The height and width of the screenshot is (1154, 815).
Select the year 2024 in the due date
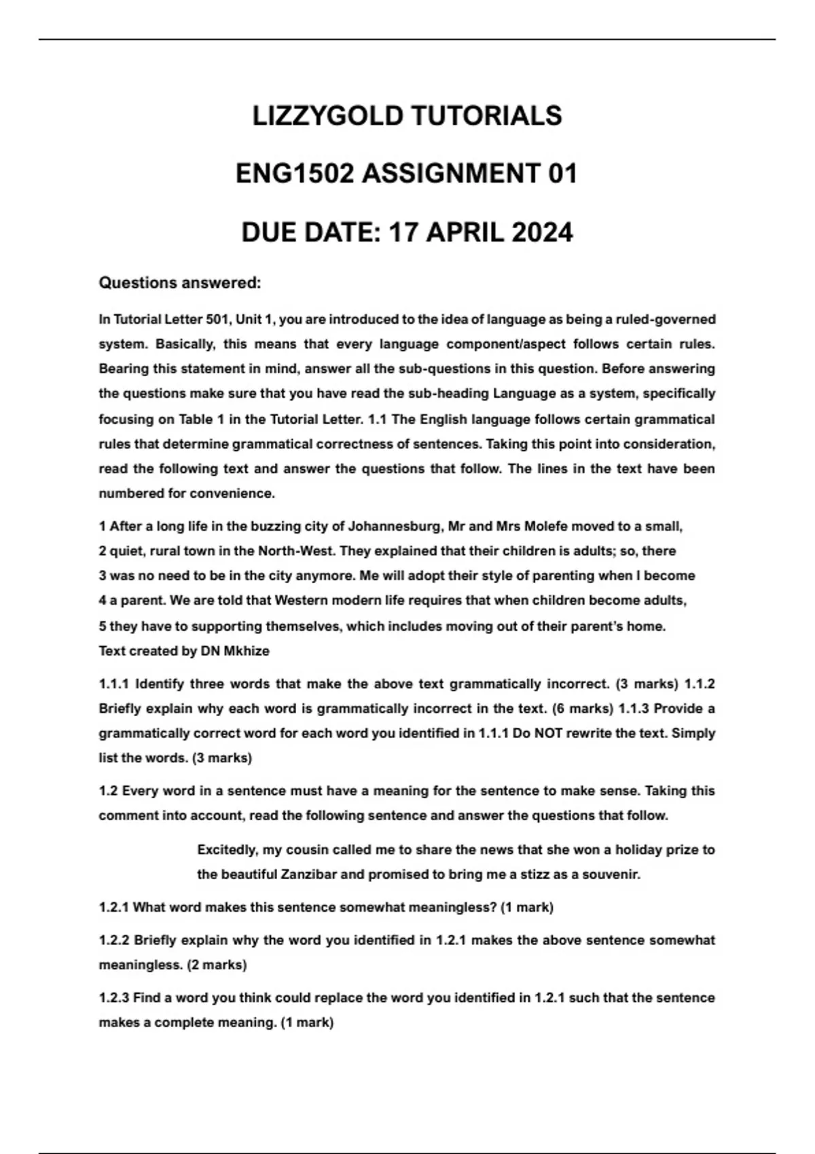click(x=541, y=233)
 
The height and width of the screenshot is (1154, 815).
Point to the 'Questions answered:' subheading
click(x=180, y=282)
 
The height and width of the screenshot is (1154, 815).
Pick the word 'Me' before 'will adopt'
click(x=369, y=576)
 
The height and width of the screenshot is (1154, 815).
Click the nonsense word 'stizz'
click(x=532, y=874)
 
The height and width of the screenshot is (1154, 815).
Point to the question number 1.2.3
click(x=113, y=998)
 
